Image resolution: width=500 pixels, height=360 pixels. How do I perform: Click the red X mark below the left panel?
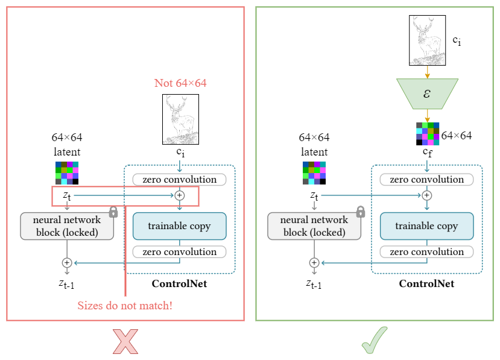[x=125, y=341]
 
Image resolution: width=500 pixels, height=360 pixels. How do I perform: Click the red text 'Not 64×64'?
[x=180, y=83]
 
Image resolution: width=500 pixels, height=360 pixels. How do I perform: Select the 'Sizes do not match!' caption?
[x=125, y=305]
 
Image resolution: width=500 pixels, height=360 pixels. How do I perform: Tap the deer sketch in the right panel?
[x=427, y=40]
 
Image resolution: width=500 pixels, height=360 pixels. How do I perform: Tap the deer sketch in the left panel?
[x=180, y=119]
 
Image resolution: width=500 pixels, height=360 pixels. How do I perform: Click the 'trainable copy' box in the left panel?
[x=179, y=226]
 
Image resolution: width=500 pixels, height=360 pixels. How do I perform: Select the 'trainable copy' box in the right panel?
[x=426, y=226]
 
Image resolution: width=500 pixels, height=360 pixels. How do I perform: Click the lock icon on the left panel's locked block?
[x=113, y=212]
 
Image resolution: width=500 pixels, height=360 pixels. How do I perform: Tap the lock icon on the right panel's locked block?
[x=361, y=212]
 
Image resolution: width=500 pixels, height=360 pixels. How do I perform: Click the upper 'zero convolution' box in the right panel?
[x=426, y=180]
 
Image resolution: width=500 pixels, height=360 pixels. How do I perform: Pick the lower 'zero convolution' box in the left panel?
[x=179, y=252]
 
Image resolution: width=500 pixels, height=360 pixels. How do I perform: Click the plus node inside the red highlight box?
[x=179, y=195]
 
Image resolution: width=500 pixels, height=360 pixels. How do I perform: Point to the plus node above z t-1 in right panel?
[x=314, y=263]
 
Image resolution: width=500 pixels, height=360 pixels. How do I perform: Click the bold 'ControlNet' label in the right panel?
[x=426, y=283]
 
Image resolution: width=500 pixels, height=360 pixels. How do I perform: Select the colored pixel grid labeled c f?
[x=427, y=134]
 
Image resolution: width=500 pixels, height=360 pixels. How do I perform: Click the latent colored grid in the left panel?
[x=67, y=172]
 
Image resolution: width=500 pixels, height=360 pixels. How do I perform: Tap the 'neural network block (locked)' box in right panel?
[x=314, y=226]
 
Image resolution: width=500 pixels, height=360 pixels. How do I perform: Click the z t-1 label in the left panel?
[x=67, y=283]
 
